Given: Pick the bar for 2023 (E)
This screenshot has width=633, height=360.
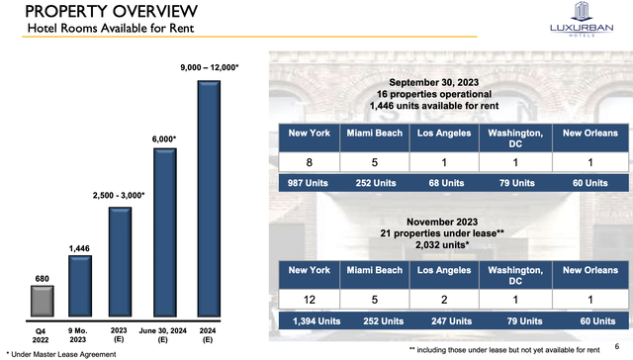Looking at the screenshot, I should tap(121, 265).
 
